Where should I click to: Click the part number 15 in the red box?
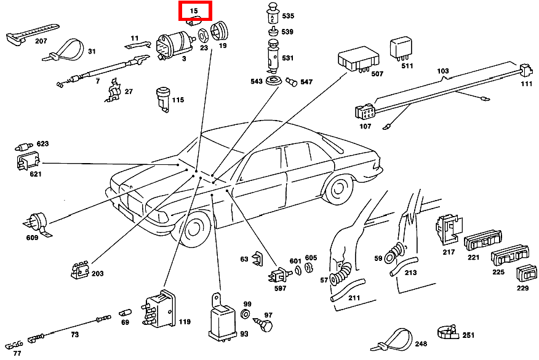pyautogui.click(x=194, y=11)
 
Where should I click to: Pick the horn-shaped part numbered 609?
pyautogui.click(x=36, y=222)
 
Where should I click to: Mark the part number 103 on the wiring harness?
pyautogui.click(x=443, y=71)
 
